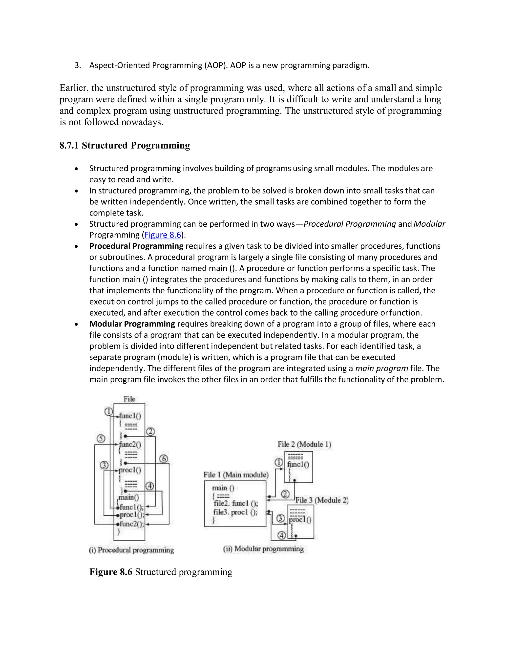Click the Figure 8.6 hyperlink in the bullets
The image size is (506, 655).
click(x=163, y=235)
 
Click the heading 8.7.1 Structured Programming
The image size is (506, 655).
click(x=125, y=145)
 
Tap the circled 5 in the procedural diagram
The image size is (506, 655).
click(x=101, y=439)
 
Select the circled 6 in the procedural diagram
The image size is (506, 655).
click(x=164, y=458)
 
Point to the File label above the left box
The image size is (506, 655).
click(x=129, y=399)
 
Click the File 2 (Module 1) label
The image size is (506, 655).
click(x=304, y=444)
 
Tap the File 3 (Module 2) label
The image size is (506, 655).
click(x=322, y=500)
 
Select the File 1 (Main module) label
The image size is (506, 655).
click(x=236, y=475)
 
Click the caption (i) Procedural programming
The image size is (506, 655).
click(x=131, y=550)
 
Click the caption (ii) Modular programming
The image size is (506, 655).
click(x=263, y=549)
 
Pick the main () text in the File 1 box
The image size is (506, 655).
click(x=223, y=488)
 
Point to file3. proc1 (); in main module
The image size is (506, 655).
click(x=235, y=512)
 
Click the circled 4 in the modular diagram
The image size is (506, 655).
click(x=281, y=535)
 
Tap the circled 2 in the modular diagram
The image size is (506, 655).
click(x=285, y=494)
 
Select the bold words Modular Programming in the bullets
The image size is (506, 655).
click(x=132, y=324)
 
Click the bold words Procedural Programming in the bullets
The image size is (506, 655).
click(x=136, y=246)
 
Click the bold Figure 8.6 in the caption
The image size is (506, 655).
click(x=111, y=572)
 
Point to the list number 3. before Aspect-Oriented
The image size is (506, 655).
click(x=78, y=65)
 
